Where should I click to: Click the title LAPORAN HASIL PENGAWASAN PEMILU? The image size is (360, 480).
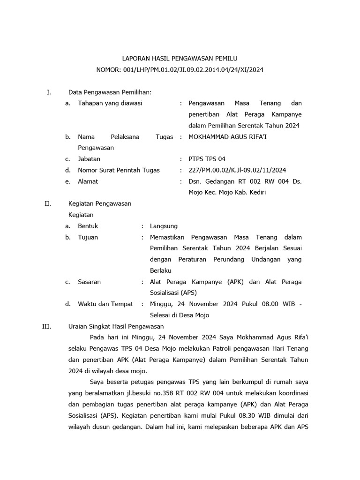pos(180,58)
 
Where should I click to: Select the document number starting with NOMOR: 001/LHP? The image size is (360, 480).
pos(180,70)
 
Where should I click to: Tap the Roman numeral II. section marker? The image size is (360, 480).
pos(47,203)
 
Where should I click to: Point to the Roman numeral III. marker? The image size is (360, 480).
pos(46,326)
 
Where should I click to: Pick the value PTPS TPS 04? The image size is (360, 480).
pos(206,159)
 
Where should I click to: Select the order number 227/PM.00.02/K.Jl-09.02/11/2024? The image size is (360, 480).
pos(237,170)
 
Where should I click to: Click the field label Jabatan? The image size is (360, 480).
pos(89,159)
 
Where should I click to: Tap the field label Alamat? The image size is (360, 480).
pos(88,181)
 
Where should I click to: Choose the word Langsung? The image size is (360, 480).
pos(164,226)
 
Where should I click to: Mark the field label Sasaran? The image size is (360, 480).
pos(90,282)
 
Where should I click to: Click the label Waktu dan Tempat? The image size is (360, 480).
pos(105,304)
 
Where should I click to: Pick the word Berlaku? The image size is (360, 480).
pos(161,270)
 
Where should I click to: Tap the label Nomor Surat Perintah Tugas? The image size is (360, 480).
pos(119,170)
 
